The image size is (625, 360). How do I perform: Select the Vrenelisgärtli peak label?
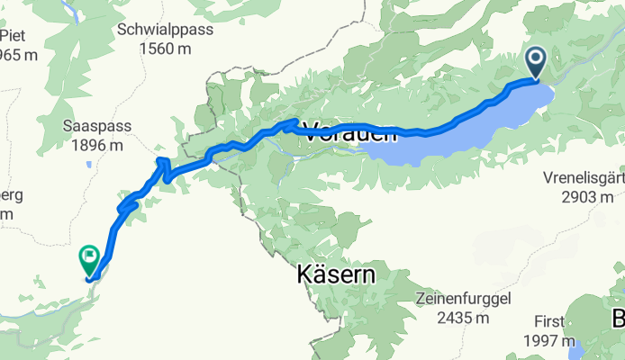point(584,178)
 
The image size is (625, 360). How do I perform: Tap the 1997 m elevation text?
point(549,340)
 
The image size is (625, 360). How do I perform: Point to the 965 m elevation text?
point(18,56)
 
